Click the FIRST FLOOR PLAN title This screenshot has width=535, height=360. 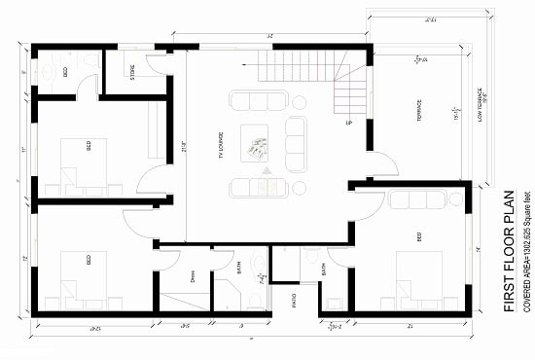coord(508,250)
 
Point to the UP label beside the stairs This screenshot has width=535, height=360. coord(347,124)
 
